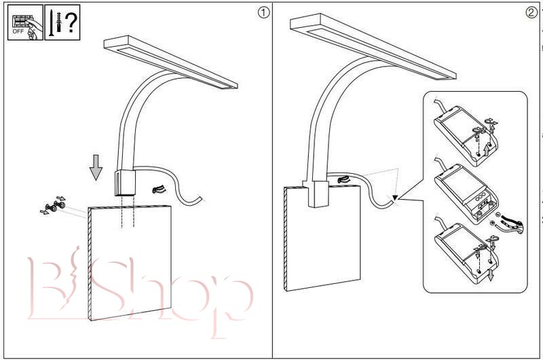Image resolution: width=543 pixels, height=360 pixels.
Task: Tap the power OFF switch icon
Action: [x=24, y=22]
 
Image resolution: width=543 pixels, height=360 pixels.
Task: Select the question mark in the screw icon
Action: [x=69, y=22]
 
